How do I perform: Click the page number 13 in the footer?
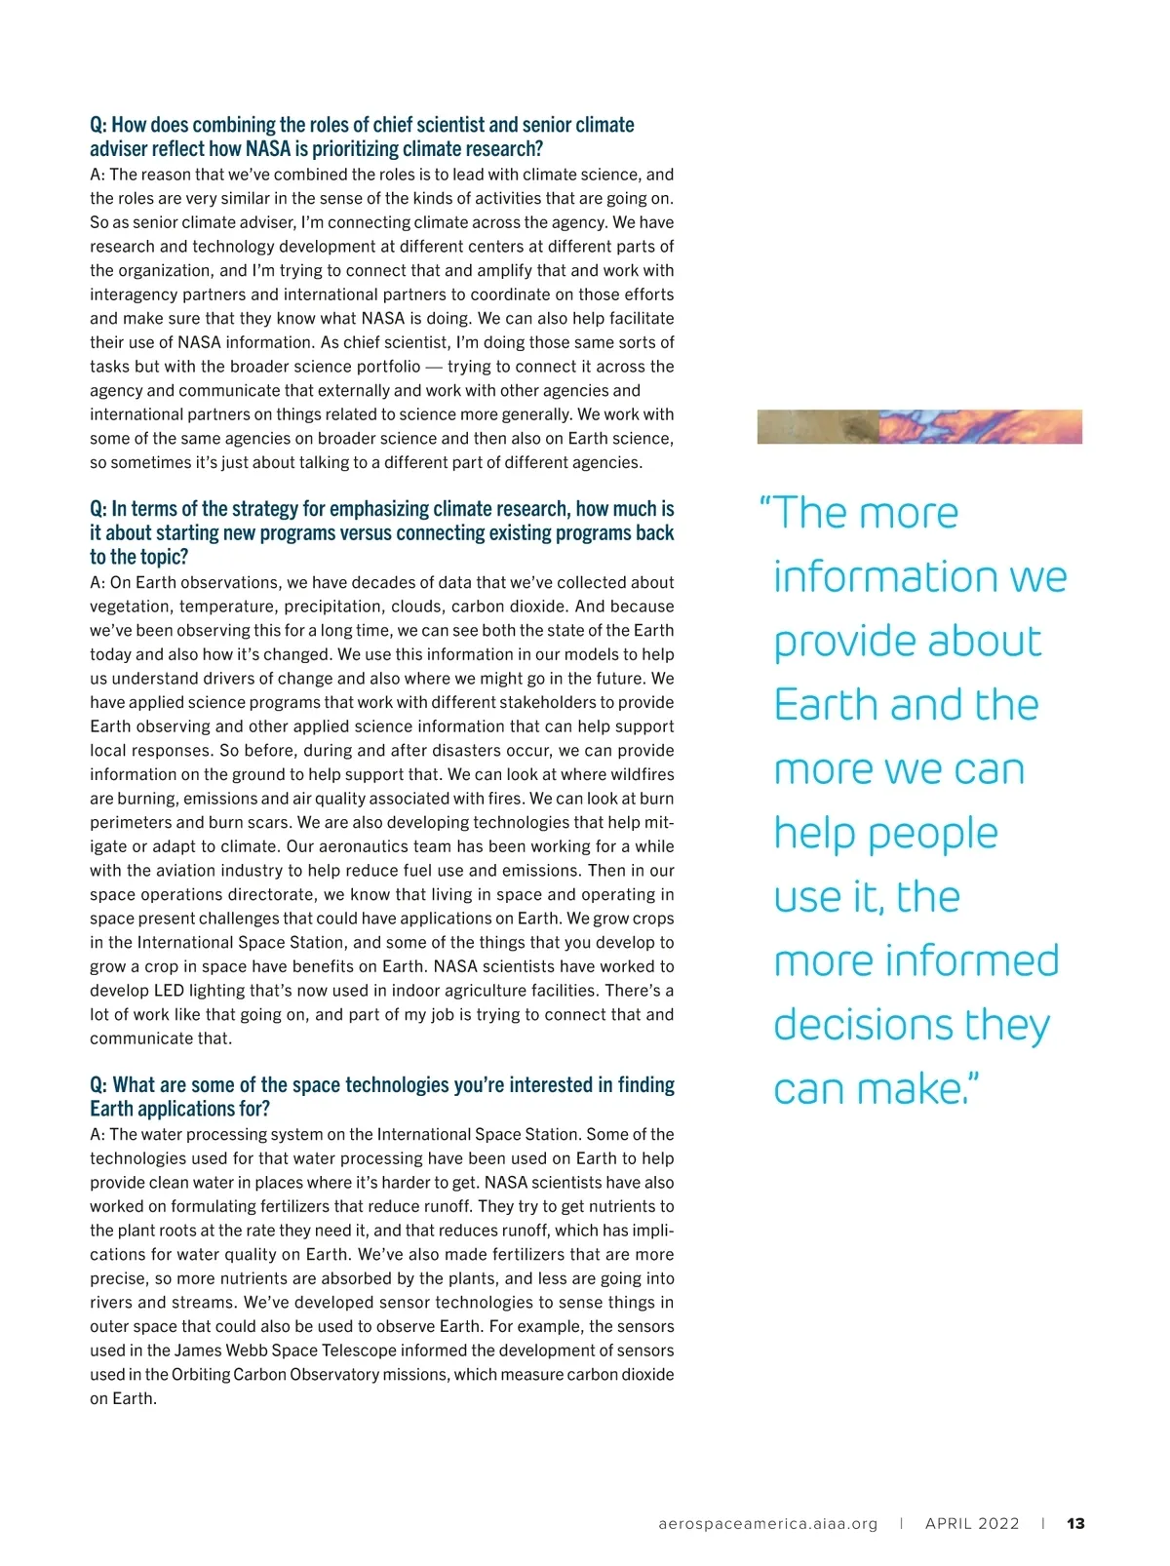pos(1075,1523)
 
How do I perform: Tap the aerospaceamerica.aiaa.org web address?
pos(768,1523)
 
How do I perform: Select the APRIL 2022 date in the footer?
pos(972,1523)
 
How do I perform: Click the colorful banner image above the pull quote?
pos(919,427)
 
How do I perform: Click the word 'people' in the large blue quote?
pos(933,834)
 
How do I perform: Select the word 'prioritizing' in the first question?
pos(367,149)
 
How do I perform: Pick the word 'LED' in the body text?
pos(170,991)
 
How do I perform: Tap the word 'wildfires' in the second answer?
pos(638,774)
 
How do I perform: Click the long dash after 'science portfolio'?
pos(434,367)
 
